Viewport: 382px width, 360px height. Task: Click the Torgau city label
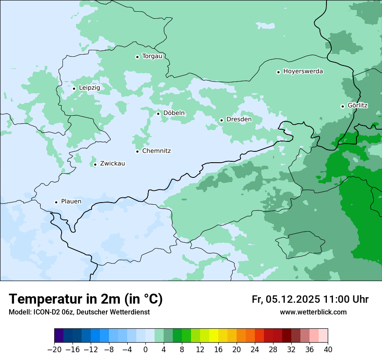152,56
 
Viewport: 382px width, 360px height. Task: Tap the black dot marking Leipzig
74,88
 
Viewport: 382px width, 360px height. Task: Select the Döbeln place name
174,113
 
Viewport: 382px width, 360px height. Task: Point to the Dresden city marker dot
221,120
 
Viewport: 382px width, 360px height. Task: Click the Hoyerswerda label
303,72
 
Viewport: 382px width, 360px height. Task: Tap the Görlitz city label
358,105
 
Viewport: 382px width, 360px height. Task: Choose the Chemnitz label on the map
156,151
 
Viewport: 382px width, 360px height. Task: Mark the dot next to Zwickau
95,164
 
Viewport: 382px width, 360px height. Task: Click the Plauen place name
71,202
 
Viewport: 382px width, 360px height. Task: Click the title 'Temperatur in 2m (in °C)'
86,299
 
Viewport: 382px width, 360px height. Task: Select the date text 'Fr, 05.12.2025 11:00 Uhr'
310,299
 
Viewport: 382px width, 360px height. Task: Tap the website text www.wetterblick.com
313,312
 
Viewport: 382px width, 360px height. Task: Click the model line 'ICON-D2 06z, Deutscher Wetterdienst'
79,312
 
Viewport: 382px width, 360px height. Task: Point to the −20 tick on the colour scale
55,350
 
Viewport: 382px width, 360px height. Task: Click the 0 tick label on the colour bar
145,350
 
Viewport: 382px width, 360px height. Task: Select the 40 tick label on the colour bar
328,350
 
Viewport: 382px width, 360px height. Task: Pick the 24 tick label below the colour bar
255,350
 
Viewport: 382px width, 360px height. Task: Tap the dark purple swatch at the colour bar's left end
59,336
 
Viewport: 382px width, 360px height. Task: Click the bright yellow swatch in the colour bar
214,336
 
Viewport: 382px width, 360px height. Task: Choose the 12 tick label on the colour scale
200,350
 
